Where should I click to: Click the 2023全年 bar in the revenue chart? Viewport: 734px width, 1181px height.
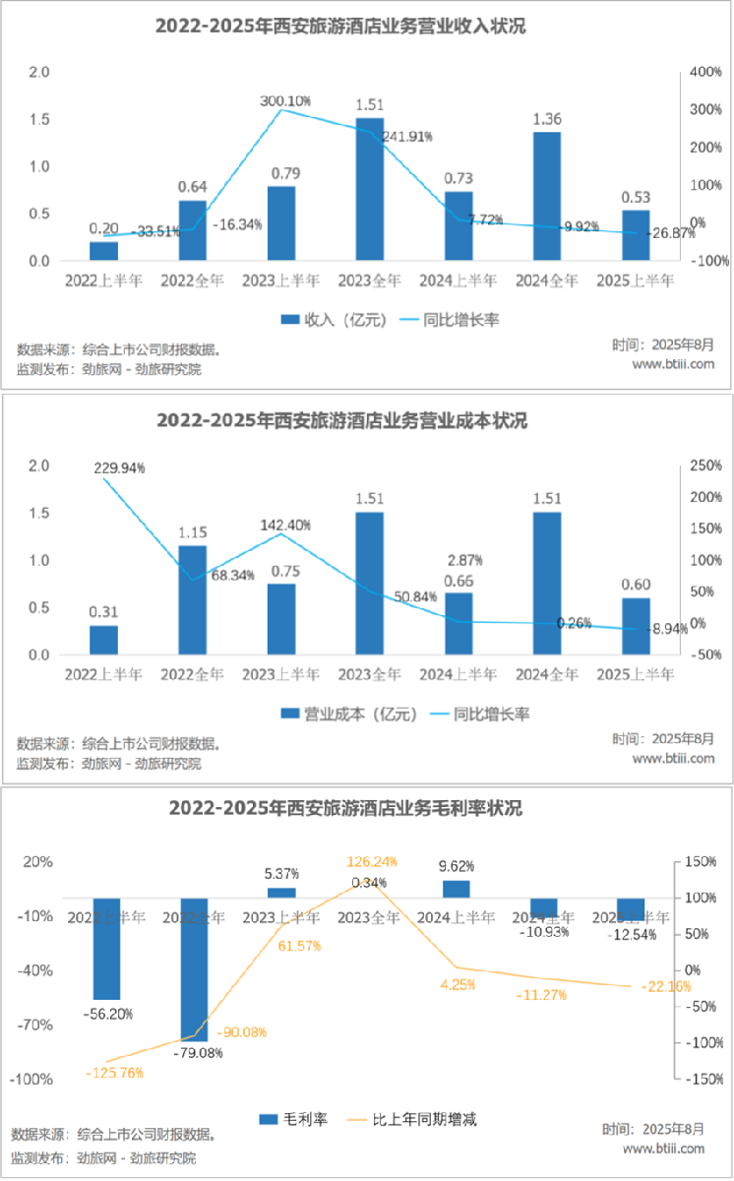tap(370, 189)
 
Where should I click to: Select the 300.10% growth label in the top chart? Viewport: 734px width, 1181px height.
tap(285, 100)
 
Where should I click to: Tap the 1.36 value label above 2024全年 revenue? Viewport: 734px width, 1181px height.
tap(547, 119)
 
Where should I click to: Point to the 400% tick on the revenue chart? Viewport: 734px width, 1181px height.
tap(707, 73)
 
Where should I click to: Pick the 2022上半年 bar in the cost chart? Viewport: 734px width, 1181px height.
tap(103, 640)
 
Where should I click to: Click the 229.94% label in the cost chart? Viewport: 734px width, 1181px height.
tap(120, 468)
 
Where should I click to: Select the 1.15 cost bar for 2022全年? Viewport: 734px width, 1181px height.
tap(193, 599)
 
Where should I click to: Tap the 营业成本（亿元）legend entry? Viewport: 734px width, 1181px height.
tap(350, 714)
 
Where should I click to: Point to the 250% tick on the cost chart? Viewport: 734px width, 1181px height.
tap(707, 466)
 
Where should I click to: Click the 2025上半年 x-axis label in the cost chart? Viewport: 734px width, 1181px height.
tap(636, 675)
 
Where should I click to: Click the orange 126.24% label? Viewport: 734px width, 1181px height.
tap(372, 861)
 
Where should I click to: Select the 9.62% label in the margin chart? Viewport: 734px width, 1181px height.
tap(458, 867)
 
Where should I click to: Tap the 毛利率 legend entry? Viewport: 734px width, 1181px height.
tap(295, 1119)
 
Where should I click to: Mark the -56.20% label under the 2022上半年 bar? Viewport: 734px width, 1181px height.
tap(108, 1014)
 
